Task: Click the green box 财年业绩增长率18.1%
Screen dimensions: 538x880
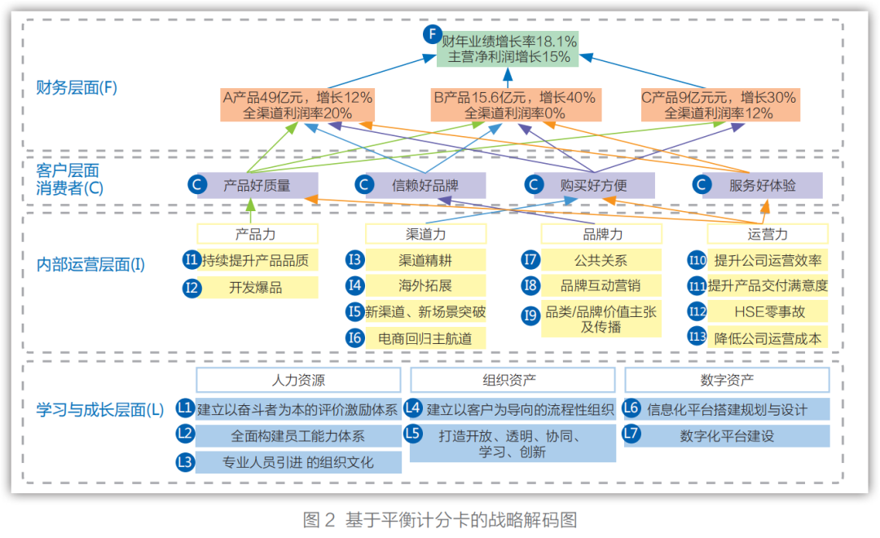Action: [x=508, y=49]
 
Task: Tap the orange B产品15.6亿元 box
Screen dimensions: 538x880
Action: [x=514, y=105]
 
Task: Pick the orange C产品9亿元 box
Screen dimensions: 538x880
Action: [x=719, y=105]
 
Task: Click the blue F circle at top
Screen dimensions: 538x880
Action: [x=433, y=34]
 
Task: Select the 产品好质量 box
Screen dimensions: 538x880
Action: [x=257, y=185]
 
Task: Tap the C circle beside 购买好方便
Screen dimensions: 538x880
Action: [x=534, y=185]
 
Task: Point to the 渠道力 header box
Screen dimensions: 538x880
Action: [x=425, y=234]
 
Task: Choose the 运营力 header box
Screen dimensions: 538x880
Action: [x=768, y=234]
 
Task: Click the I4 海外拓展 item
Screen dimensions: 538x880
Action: [x=425, y=286]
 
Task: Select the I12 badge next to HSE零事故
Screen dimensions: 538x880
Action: [x=697, y=311]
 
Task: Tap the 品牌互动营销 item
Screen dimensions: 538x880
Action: [x=601, y=286]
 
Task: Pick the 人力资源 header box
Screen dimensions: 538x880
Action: [x=298, y=380]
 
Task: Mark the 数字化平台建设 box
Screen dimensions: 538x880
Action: [x=726, y=436]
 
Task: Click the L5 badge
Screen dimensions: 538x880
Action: [x=414, y=434]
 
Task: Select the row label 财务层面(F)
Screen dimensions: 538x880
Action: [x=77, y=87]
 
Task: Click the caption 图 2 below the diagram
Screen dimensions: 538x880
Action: [x=319, y=520]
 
